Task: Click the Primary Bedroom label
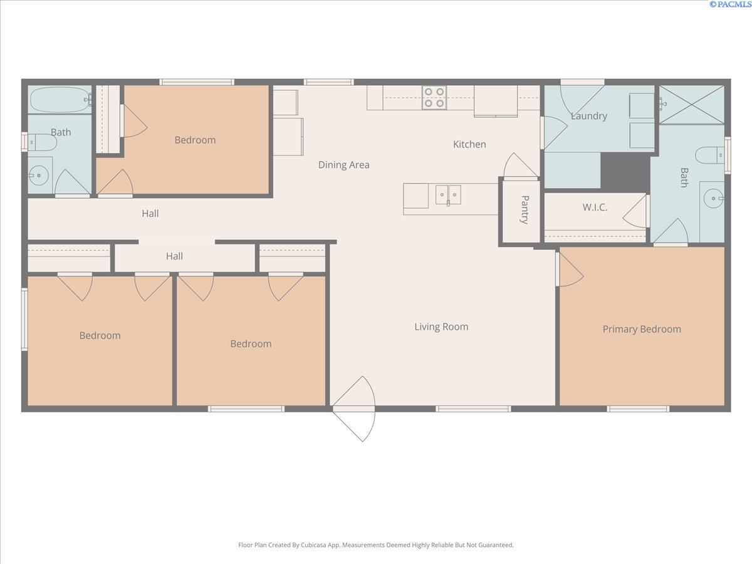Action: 642,329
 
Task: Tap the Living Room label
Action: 441,326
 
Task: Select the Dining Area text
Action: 343,165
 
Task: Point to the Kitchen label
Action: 469,144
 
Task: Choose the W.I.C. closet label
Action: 595,207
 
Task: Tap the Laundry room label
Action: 588,116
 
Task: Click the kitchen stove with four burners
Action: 434,98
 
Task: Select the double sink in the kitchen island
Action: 448,195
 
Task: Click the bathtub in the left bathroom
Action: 60,99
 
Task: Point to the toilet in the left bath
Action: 43,143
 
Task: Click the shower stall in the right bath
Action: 692,104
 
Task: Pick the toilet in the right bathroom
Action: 710,154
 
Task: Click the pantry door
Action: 520,166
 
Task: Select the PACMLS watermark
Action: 729,4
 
